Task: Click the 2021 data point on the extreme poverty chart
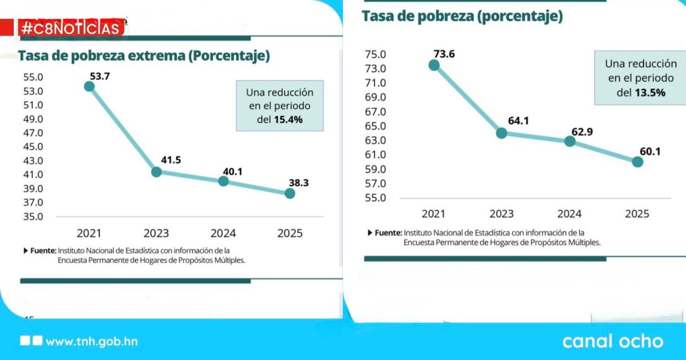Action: tap(90, 86)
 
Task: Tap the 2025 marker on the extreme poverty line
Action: tap(289, 193)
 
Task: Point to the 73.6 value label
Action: tap(444, 54)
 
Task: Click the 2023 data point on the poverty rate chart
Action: tap(502, 133)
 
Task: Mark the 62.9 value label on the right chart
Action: tap(582, 131)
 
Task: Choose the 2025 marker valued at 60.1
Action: tap(637, 162)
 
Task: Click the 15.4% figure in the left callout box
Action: tap(288, 120)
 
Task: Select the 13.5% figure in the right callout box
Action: tap(650, 93)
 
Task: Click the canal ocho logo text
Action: tap(613, 341)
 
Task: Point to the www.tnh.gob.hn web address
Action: tap(92, 342)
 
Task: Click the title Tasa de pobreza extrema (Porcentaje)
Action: tap(144, 56)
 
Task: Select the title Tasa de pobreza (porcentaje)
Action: tap(462, 16)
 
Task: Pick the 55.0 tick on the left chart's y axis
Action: tap(33, 77)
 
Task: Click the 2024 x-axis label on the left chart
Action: tap(223, 233)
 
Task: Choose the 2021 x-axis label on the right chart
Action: tap(434, 214)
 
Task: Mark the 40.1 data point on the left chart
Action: tap(223, 181)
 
